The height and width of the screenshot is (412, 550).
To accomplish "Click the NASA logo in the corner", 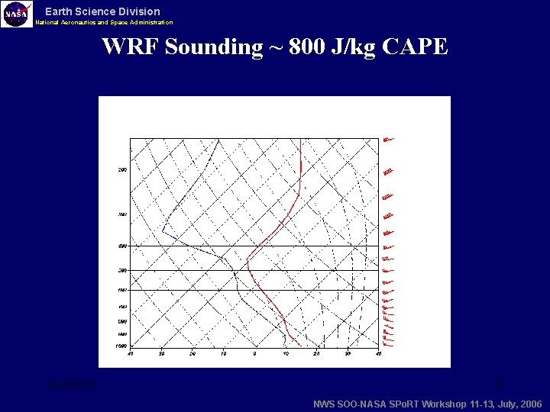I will [17, 14].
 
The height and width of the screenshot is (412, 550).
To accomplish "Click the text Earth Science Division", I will [102, 11].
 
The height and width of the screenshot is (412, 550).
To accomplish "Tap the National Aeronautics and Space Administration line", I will [104, 23].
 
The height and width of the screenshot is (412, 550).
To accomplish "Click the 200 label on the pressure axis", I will [122, 169].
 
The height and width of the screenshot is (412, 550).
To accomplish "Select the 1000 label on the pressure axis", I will [121, 346].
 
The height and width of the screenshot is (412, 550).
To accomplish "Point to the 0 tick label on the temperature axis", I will [254, 352].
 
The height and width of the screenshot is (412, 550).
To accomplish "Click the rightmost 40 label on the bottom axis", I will [378, 352].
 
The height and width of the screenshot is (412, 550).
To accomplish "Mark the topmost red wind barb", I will [388, 139].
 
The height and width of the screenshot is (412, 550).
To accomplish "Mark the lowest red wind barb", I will [387, 343].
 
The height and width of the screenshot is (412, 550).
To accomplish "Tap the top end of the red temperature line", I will [301, 140].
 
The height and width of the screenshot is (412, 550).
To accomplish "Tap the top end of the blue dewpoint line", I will [218, 140].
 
